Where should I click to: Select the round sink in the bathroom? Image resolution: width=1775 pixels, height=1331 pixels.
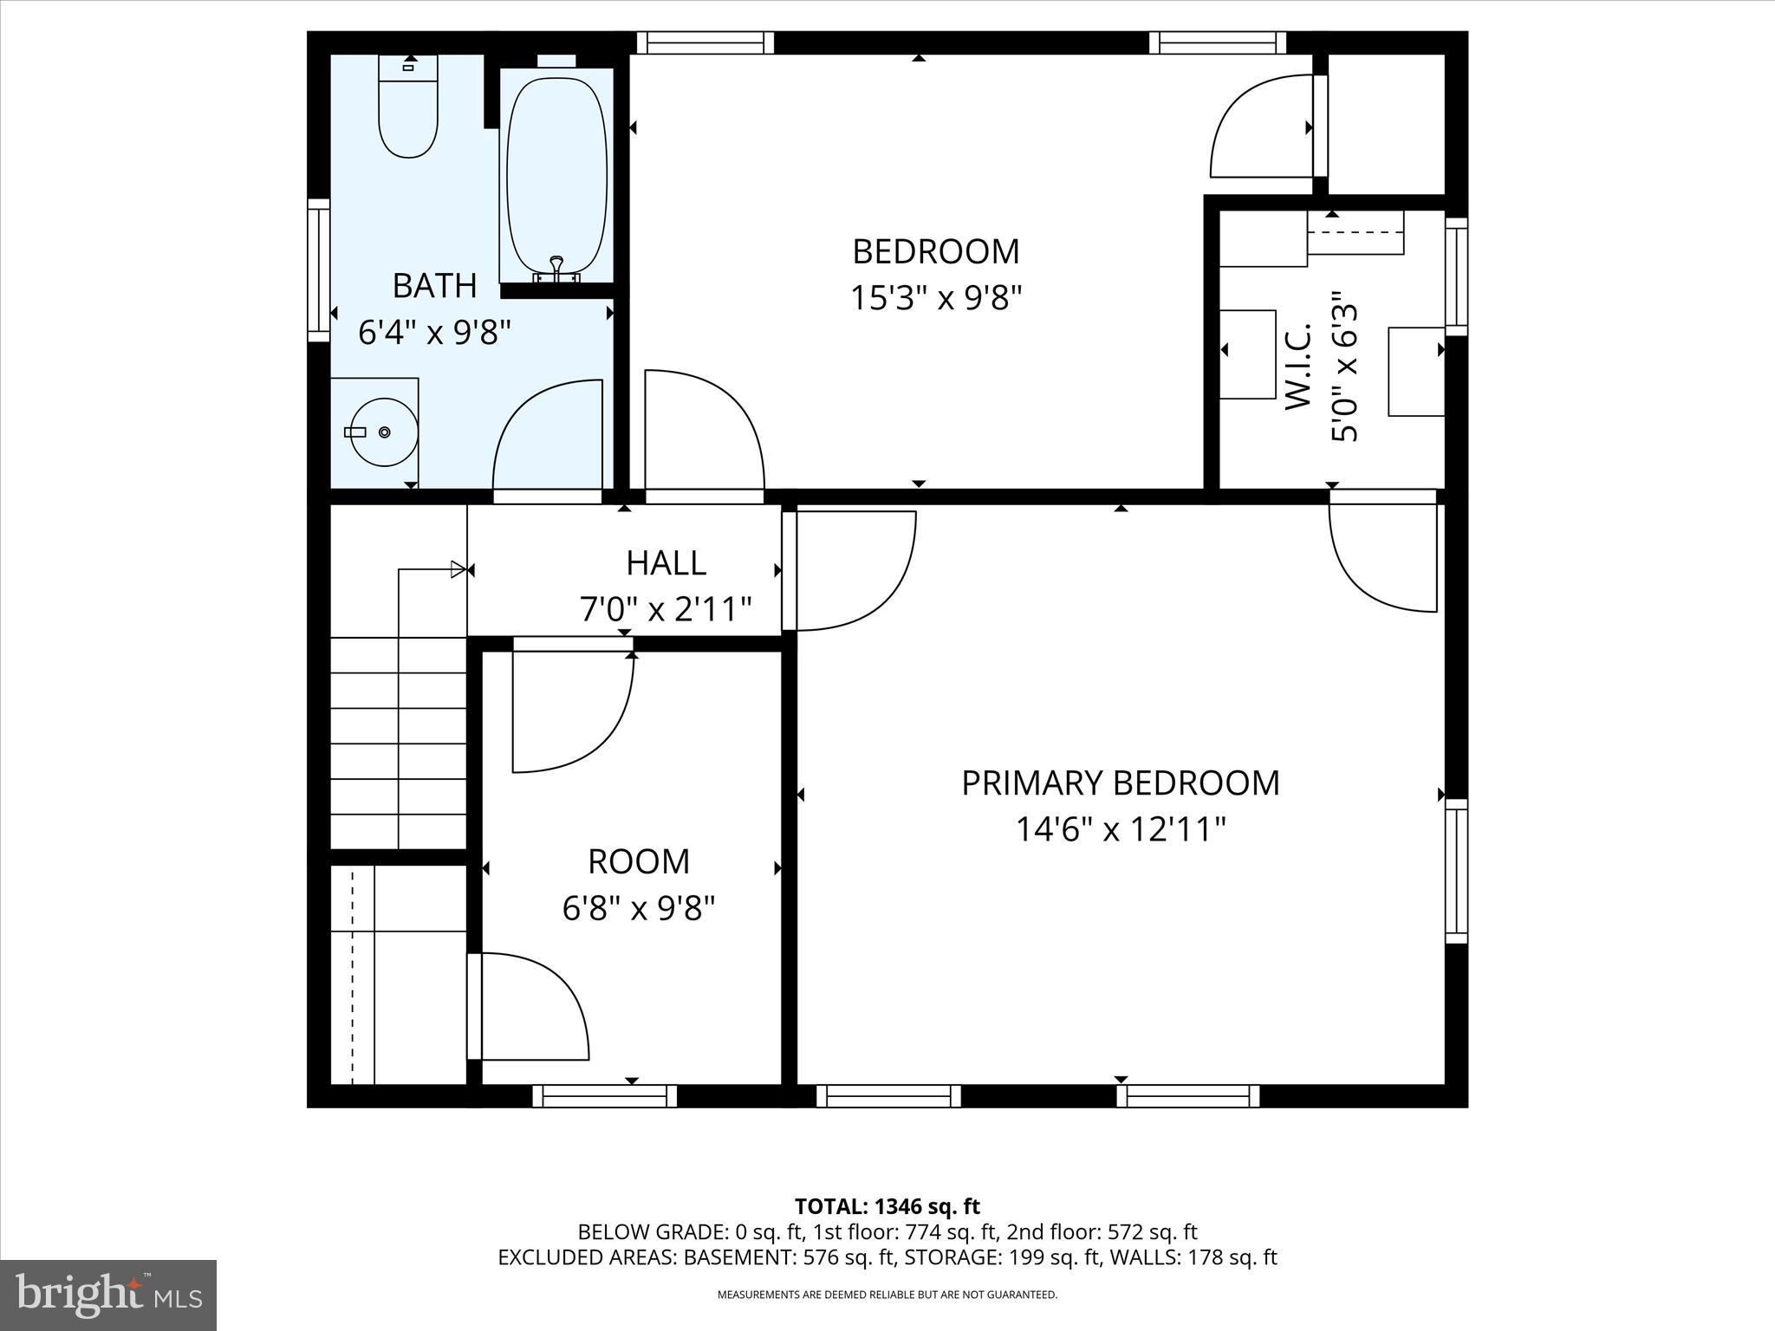pyautogui.click(x=383, y=432)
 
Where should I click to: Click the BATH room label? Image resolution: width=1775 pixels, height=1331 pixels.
pyautogui.click(x=434, y=285)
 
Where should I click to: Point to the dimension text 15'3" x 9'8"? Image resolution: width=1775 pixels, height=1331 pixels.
pyautogui.click(x=935, y=299)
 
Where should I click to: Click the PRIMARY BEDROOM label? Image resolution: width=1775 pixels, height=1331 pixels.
pyautogui.click(x=1120, y=783)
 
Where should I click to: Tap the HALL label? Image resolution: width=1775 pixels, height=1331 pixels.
pyautogui.click(x=666, y=563)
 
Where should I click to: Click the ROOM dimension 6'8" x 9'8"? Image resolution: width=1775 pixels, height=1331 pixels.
pyautogui.click(x=639, y=909)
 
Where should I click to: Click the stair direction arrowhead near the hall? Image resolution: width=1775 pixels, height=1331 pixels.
pyautogui.click(x=458, y=569)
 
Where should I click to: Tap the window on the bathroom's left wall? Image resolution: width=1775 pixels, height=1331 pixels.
pyautogui.click(x=319, y=270)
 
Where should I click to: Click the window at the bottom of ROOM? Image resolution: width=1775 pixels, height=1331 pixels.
pyautogui.click(x=604, y=1096)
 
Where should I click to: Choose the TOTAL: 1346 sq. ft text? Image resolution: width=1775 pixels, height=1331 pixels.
pyautogui.click(x=887, y=1206)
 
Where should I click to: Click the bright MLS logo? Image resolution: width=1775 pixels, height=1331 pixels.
pyautogui.click(x=108, y=1295)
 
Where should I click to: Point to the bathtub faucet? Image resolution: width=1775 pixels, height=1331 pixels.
pyautogui.click(x=556, y=265)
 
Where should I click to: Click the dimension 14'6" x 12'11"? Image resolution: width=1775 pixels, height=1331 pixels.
pyautogui.click(x=1120, y=830)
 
